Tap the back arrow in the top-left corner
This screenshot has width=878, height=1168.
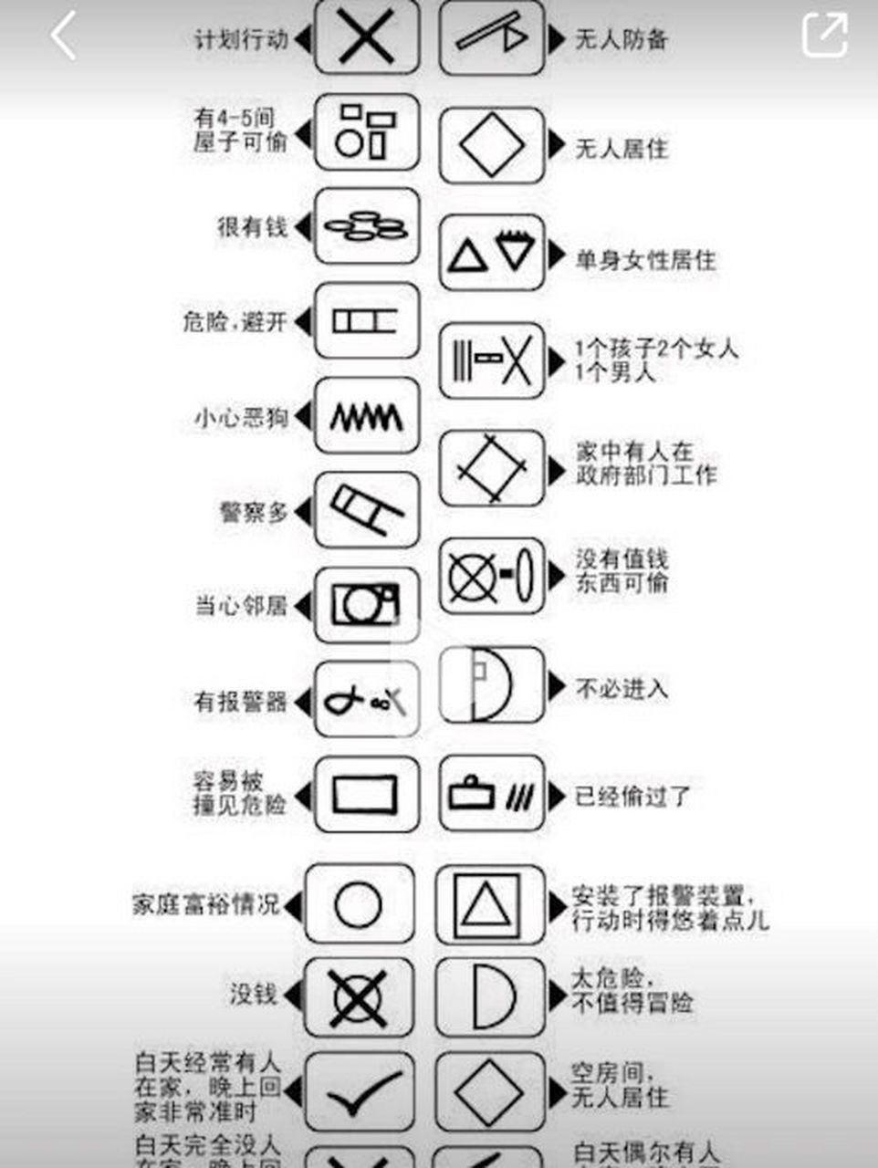(63, 37)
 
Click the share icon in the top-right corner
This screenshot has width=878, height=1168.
(824, 36)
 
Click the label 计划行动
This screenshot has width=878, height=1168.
(242, 39)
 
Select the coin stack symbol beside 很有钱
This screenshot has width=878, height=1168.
(367, 226)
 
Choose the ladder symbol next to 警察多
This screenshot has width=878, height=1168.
(367, 510)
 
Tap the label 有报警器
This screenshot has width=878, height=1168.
(241, 701)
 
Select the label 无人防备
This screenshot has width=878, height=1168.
(622, 39)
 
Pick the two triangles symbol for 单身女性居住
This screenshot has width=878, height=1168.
(492, 253)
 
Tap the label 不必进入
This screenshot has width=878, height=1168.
(622, 688)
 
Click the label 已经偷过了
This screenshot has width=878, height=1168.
(632, 796)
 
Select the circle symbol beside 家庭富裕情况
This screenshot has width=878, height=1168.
(359, 904)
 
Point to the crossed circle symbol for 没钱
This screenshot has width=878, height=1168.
(359, 997)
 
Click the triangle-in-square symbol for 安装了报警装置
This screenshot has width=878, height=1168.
(490, 904)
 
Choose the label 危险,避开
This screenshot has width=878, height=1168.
(235, 321)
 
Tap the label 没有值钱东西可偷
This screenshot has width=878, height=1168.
(622, 570)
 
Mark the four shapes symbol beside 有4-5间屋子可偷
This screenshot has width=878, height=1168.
(367, 131)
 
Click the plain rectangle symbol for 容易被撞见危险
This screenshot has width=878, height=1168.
(366, 794)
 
